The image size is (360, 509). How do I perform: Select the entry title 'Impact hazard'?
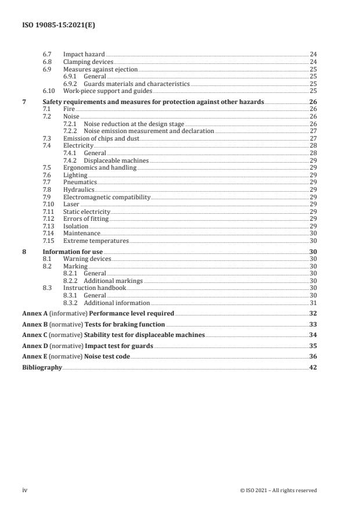click(81, 54)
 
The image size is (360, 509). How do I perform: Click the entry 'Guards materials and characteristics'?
click(136, 84)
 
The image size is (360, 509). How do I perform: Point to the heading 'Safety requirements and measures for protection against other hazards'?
click(153, 102)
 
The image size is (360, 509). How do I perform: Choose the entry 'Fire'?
click(69, 109)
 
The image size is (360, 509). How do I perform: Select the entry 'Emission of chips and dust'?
click(101, 138)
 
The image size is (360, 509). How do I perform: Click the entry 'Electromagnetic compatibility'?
click(106, 197)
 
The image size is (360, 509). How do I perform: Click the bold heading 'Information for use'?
click(71, 252)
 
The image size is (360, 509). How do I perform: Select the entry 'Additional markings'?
click(113, 281)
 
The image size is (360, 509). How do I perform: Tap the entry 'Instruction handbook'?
click(94, 288)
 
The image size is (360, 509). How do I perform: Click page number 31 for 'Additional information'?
click(313, 303)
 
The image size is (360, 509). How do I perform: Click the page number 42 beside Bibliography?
click(313, 368)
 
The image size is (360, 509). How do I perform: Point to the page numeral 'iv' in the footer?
click(25, 490)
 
